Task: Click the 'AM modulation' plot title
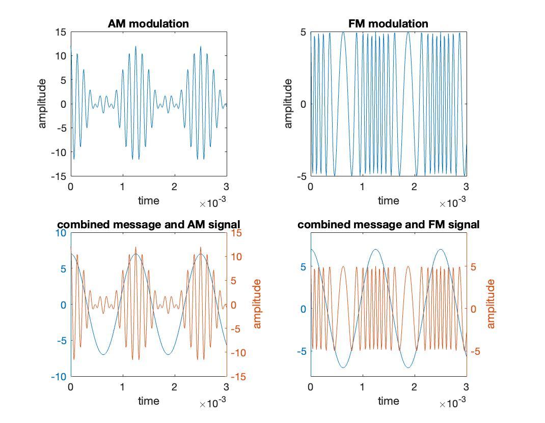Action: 148,24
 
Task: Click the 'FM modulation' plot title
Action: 388,24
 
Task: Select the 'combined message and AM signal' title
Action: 148,224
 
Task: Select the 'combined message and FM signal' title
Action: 388,224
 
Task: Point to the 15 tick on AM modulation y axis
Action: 61,32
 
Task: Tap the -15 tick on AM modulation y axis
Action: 59,176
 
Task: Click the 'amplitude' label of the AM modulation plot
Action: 42,104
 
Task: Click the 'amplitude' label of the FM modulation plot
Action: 288,104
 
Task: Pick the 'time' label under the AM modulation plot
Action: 148,200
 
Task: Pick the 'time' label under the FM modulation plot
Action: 388,200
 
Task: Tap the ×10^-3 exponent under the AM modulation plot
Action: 212,203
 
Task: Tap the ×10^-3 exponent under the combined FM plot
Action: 452,404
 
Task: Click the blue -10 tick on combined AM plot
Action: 59,377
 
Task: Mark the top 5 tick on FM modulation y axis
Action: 303,32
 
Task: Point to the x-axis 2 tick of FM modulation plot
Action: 414,187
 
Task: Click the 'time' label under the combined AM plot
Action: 148,401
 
